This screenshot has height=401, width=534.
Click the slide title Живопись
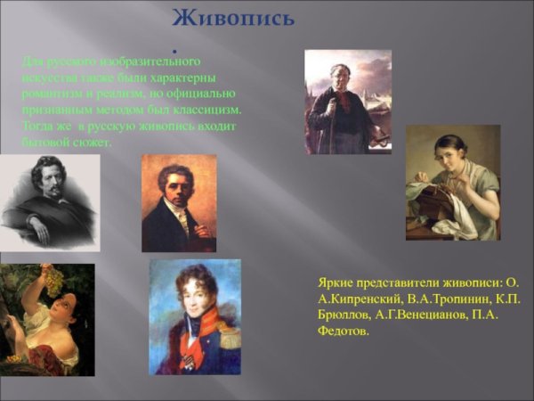pos(232,17)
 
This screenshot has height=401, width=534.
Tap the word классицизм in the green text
pos(206,109)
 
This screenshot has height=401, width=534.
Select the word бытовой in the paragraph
pos(44,142)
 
